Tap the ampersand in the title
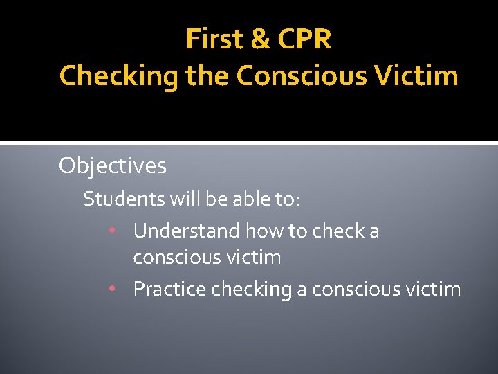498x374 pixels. [261, 39]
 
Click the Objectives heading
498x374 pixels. [113, 166]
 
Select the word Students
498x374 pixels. [122, 199]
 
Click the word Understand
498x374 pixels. [186, 231]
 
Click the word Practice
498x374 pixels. [169, 289]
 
